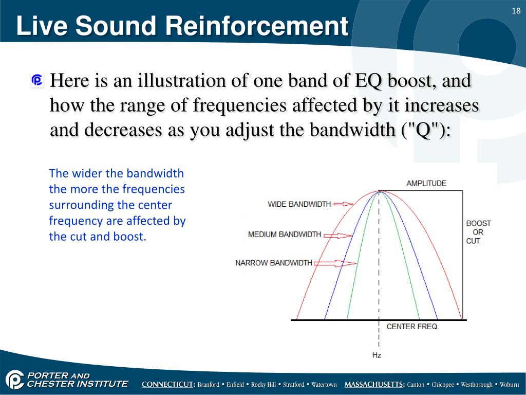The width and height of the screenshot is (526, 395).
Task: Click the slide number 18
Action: [x=516, y=11]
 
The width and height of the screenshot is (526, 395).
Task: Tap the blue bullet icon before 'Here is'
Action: [x=37, y=81]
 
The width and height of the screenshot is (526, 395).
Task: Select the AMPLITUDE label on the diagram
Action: [x=426, y=184]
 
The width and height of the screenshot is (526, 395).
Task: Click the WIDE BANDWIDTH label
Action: [x=299, y=204]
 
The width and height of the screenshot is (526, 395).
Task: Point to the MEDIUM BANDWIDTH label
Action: [x=285, y=235]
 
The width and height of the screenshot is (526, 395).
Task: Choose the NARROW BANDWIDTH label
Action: [x=274, y=263]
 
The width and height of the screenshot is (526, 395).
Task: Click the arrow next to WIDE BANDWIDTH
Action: [x=343, y=204]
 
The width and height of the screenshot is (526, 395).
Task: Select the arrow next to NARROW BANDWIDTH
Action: [x=335, y=263]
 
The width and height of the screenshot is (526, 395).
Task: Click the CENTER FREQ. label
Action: [x=412, y=327]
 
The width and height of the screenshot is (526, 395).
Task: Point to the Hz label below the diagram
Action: [x=377, y=355]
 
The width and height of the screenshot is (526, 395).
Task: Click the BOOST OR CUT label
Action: [x=478, y=232]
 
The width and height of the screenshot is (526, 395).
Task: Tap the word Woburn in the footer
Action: [x=509, y=385]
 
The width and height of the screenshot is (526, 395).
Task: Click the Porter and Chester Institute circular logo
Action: [x=15, y=380]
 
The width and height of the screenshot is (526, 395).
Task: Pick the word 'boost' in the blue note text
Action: [x=130, y=237]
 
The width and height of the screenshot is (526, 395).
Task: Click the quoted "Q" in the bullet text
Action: [x=422, y=130]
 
